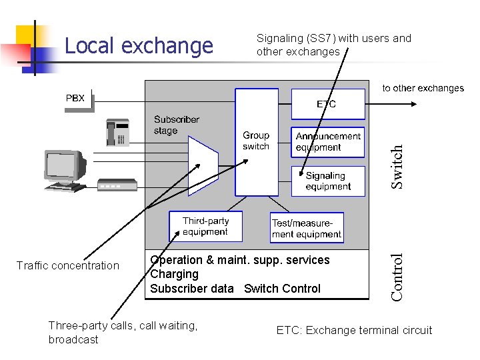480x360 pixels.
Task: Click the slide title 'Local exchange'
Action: tap(139, 46)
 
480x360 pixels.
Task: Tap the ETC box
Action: tap(327, 104)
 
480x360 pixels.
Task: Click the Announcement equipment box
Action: tap(328, 142)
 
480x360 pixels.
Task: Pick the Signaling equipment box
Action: tap(328, 181)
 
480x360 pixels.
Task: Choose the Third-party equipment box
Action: tap(205, 227)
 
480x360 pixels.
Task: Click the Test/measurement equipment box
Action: tap(307, 228)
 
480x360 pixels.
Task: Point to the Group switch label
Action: tap(256, 141)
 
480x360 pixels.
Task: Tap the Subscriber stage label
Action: tap(176, 125)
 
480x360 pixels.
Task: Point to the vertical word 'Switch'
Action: tap(397, 167)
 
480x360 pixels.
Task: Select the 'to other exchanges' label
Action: tap(423, 88)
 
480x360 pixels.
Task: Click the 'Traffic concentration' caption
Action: tap(67, 266)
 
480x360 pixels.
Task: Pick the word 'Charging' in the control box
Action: tap(175, 274)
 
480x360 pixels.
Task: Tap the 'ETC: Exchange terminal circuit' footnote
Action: tap(354, 330)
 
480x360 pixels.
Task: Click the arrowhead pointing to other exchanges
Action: tap(415, 104)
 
